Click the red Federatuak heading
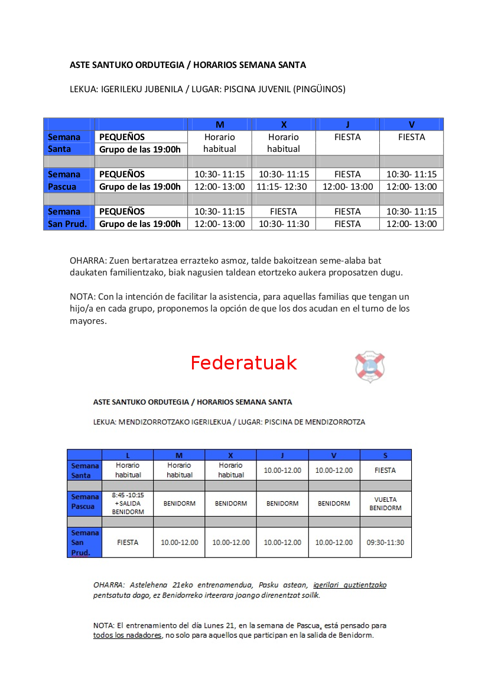[243, 362]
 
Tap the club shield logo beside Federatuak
[370, 366]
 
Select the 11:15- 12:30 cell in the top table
[284, 187]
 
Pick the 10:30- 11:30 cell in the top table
[284, 224]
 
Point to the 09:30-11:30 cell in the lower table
[385, 542]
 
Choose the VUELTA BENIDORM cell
[385, 504]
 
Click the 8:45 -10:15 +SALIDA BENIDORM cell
[128, 504]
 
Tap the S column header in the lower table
[385, 455]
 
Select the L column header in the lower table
[128, 455]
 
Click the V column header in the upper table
[411, 124]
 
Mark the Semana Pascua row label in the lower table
[84, 502]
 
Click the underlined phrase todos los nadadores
[127, 635]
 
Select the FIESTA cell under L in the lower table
[128, 542]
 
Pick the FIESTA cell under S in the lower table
[385, 471]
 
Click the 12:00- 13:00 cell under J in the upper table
[347, 187]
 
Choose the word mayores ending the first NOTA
[87, 321]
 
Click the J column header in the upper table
[347, 124]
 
